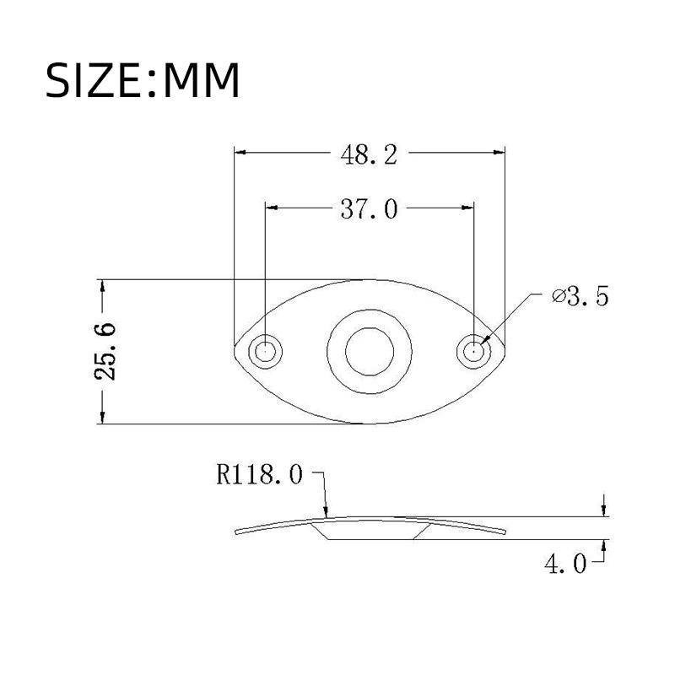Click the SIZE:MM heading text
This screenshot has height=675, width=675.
coord(143,81)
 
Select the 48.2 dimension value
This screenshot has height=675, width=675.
coord(369,155)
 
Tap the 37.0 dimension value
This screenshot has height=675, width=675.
coord(369,208)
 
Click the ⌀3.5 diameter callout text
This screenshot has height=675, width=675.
coord(580,297)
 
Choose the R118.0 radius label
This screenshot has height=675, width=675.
coord(259,476)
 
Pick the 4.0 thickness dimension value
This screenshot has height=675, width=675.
coord(563,564)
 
